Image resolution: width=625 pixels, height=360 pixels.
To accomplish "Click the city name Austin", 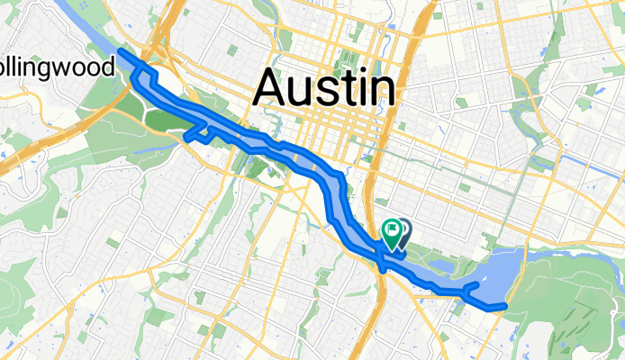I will (x=325, y=87).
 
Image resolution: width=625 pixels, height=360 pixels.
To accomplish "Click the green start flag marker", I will (x=393, y=232).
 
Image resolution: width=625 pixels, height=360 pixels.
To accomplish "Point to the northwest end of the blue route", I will (x=121, y=52).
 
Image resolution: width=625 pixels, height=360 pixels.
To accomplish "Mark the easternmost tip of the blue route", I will (x=505, y=306).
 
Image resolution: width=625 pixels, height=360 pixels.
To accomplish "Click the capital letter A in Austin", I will (x=273, y=87).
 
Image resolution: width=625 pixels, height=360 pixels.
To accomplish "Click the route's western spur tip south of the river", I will (x=186, y=137).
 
